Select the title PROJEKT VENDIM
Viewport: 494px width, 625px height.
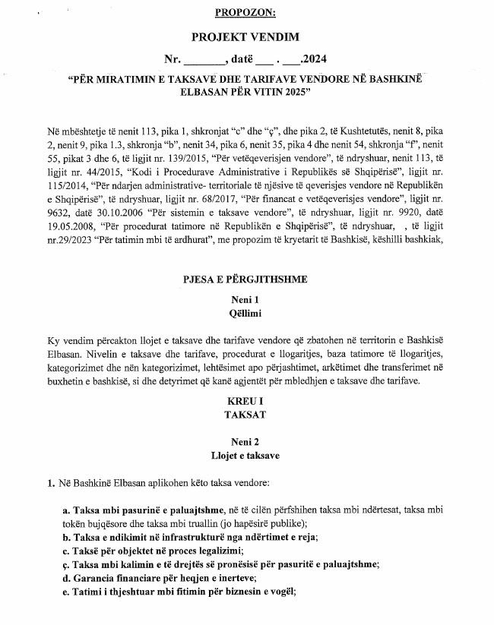click(247, 36)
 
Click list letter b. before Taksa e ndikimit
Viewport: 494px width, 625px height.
click(66, 537)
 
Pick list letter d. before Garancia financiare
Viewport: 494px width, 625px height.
click(66, 578)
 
